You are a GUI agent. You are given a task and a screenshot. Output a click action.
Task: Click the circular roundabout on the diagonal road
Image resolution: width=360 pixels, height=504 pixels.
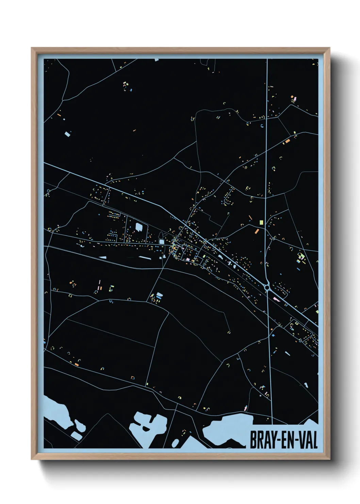click(x=267, y=288)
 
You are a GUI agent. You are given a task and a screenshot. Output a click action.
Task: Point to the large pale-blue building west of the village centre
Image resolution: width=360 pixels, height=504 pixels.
click(x=139, y=227)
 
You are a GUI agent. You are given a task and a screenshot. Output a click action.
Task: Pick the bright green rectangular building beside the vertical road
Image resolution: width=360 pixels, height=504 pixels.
click(x=261, y=222)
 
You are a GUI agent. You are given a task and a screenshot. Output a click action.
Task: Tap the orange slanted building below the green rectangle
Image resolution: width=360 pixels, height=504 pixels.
click(x=257, y=231)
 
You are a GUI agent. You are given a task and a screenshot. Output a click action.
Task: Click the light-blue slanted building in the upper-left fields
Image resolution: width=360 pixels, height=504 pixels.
click(x=67, y=134)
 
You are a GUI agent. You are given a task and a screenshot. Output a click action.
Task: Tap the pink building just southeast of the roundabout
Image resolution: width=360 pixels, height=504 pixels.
click(x=276, y=300)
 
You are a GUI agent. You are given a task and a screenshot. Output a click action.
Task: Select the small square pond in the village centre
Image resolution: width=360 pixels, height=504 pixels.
click(x=161, y=242)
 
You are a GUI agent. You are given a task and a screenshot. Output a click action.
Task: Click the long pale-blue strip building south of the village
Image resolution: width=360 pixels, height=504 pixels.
click(x=144, y=258)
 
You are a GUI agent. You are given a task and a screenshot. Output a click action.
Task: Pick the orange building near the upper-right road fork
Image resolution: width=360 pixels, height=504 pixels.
click(x=288, y=140)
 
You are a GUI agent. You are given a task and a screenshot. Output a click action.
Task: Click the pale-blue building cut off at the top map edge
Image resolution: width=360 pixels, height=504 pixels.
click(x=157, y=60)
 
